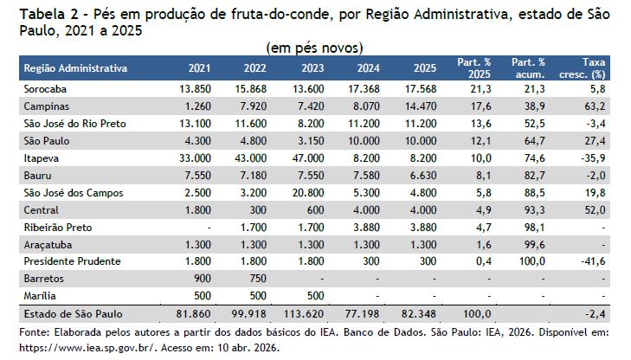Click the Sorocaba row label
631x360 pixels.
(45, 89)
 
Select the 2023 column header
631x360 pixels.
(312, 68)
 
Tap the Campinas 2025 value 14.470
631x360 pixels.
(421, 106)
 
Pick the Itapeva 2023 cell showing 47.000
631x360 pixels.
(308, 158)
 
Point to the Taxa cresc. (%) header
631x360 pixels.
(583, 68)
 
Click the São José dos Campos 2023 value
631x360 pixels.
(308, 193)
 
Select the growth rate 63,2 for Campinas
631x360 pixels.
(596, 106)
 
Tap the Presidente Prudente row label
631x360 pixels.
(72, 261)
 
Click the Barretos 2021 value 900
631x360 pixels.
(202, 279)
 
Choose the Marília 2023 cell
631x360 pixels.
(315, 296)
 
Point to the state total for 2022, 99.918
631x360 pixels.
(249, 314)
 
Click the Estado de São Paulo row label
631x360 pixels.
(73, 314)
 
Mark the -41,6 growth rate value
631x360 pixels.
(593, 261)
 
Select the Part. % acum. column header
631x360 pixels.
(528, 68)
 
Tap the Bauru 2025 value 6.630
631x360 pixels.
(422, 176)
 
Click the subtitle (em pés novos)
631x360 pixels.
(315, 48)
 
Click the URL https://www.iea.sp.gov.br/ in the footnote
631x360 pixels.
(87, 347)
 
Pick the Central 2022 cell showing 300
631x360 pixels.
(258, 210)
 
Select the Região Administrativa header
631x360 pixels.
(75, 68)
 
